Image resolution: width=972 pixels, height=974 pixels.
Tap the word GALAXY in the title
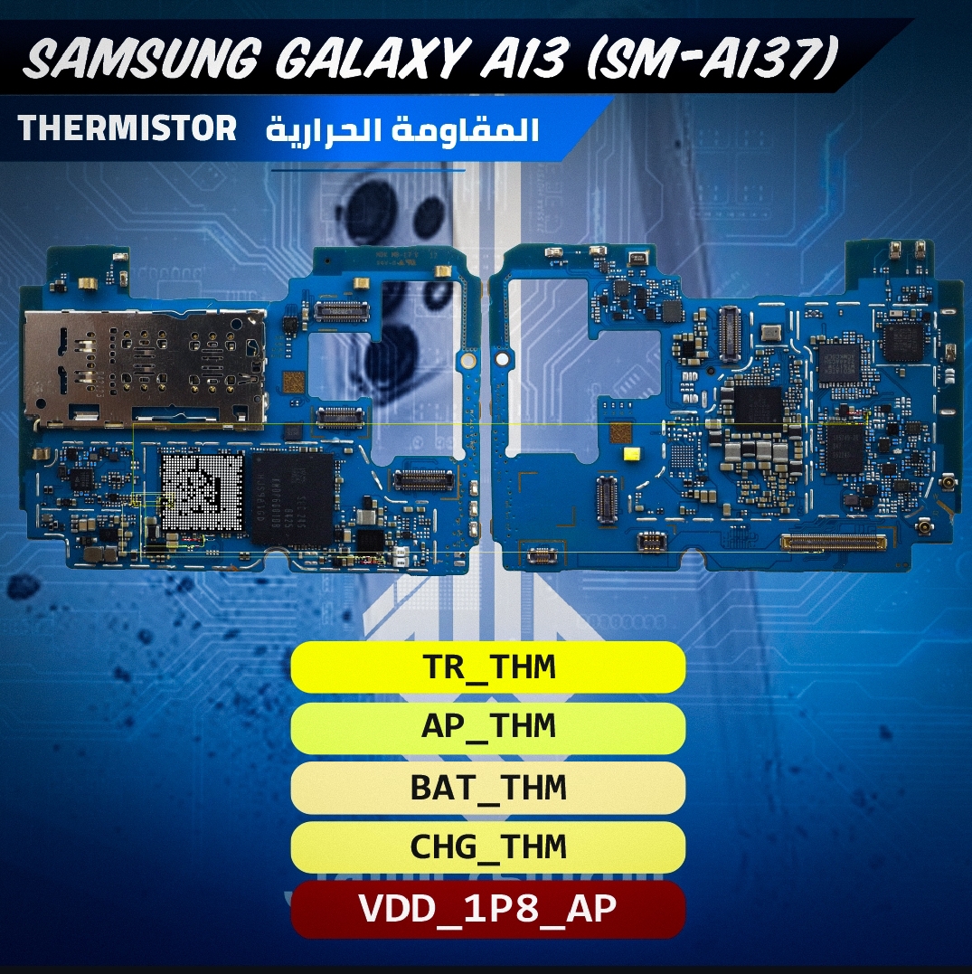click(369, 58)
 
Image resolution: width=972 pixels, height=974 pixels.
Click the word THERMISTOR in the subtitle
click(127, 128)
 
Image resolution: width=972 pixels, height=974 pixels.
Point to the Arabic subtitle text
click(402, 129)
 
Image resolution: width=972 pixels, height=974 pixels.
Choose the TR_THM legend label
click(488, 667)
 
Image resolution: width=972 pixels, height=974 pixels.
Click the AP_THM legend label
click(488, 726)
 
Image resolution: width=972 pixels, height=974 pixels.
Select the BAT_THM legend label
click(488, 787)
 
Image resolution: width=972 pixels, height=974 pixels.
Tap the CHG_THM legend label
click(488, 846)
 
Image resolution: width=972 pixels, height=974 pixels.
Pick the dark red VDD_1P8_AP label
click(488, 908)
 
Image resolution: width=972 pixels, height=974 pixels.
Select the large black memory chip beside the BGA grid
click(290, 498)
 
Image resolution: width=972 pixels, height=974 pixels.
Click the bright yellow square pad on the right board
click(631, 454)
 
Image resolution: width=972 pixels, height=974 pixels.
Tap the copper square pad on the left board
click(294, 382)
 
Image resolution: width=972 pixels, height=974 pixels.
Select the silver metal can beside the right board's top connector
click(770, 332)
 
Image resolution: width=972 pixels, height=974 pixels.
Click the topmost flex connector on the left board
click(341, 311)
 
